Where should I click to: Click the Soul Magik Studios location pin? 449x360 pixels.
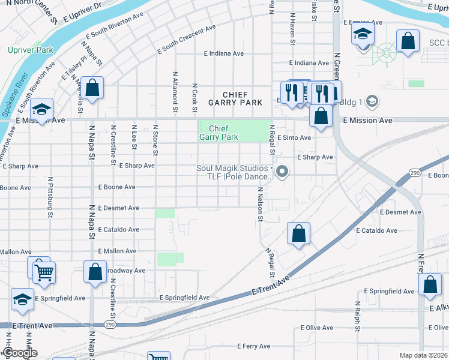point(284,173)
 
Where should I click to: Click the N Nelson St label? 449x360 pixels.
point(261,203)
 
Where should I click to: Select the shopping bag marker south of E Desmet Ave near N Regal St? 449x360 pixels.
point(298,234)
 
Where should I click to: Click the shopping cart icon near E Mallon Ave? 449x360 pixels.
point(44,273)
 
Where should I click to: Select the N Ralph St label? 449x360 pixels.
point(357,316)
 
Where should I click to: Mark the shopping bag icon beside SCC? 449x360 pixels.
point(408,42)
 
